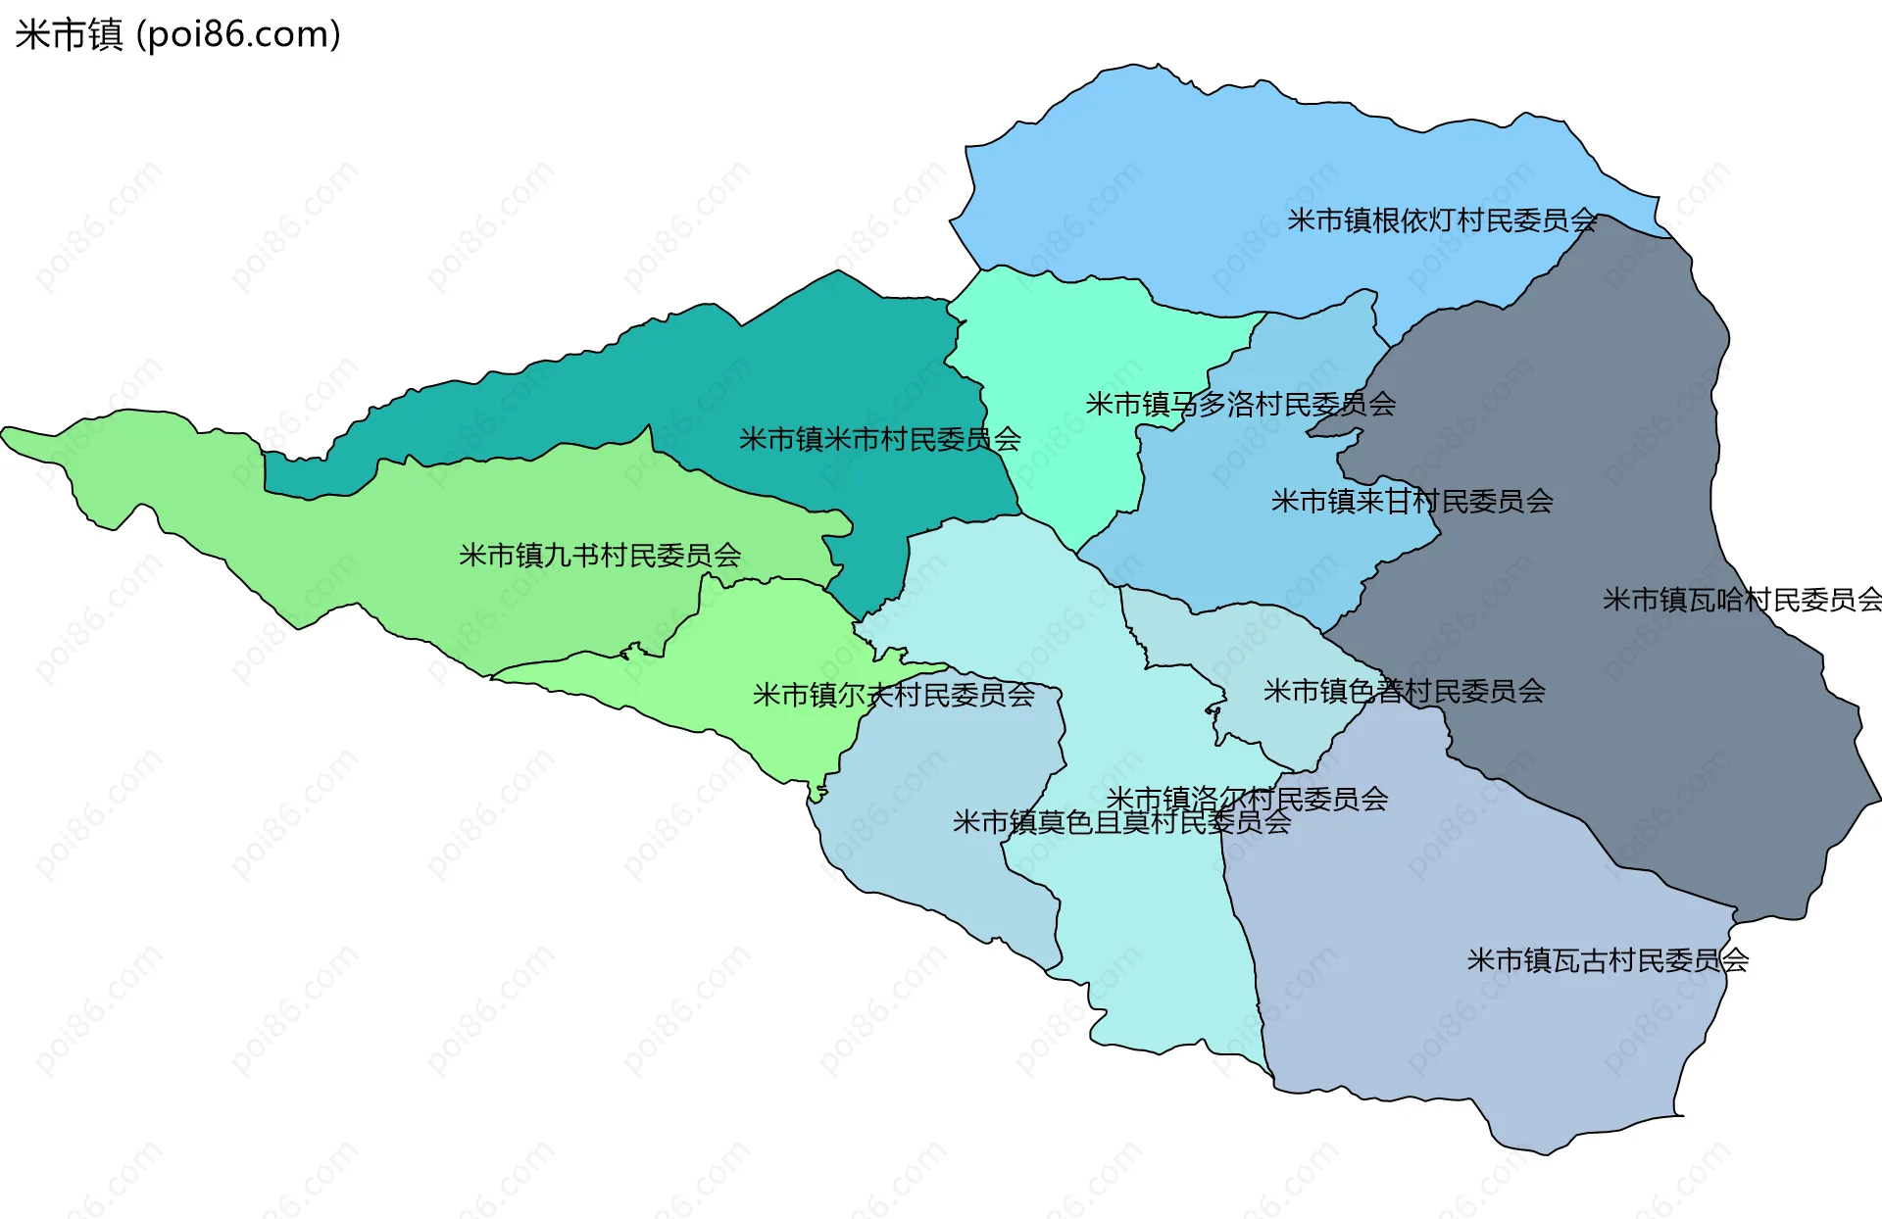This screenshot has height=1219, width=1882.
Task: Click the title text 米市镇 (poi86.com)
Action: click(177, 34)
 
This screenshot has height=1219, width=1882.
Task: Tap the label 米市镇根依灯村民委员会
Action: click(1442, 220)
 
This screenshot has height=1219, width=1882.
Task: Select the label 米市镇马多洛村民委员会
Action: click(1240, 404)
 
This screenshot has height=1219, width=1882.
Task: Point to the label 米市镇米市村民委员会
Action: click(879, 439)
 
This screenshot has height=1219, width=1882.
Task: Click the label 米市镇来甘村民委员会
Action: click(1411, 502)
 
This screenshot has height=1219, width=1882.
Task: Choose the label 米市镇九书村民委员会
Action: click(599, 556)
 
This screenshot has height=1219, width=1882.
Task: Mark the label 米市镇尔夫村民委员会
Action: click(893, 695)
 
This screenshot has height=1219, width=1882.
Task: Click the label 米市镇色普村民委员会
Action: click(1404, 691)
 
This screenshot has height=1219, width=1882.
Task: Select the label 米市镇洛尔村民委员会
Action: click(1247, 799)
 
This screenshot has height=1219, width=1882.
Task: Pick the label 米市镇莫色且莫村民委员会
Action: click(1121, 822)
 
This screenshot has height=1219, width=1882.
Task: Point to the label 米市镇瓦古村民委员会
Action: click(1608, 960)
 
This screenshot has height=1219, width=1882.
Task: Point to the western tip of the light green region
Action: click(8, 433)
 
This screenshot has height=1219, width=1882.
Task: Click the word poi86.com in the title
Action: click(238, 34)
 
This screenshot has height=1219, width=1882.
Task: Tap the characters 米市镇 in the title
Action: click(69, 34)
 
